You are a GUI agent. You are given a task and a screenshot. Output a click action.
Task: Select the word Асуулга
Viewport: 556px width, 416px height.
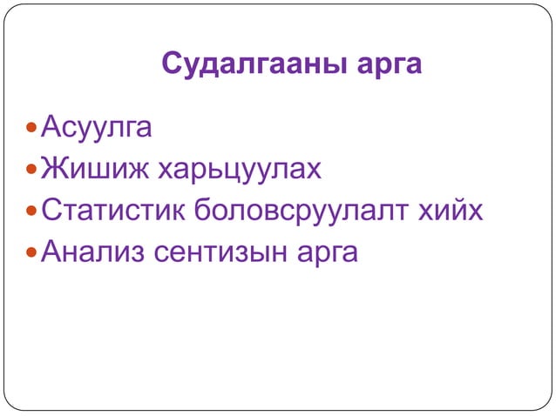click(97, 129)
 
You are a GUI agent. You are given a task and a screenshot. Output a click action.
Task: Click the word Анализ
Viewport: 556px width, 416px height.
click(92, 252)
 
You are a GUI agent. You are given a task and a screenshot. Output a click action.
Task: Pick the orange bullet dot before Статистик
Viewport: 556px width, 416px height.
click(31, 211)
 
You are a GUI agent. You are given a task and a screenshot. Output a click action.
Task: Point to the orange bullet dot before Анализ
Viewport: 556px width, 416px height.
click(31, 253)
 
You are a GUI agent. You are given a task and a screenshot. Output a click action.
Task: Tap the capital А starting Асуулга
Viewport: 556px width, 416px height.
click(52, 128)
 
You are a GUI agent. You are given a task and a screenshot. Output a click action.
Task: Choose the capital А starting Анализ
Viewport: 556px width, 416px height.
click(52, 252)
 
